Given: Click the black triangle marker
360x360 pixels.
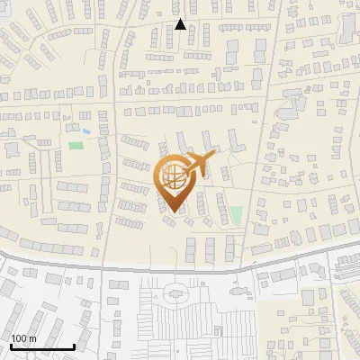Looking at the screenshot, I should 180,24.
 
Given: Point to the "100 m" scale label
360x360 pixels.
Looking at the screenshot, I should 23,338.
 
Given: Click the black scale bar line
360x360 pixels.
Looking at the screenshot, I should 41,346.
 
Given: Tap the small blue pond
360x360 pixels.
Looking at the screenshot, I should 85,131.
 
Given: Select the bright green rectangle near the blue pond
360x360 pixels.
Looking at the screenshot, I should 76,144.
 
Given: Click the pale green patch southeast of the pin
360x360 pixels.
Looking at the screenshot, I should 236,215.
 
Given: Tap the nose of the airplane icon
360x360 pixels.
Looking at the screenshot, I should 214,157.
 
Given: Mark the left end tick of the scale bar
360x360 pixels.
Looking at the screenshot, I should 11,345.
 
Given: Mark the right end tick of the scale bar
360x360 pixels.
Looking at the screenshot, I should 73,345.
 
